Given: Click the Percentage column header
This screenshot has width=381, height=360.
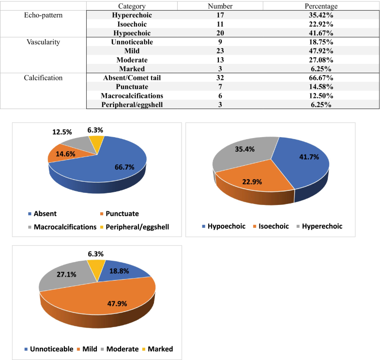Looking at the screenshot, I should (321, 6).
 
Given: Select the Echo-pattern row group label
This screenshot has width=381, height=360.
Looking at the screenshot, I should (43, 15).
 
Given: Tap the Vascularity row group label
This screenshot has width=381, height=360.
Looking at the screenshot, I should (43, 42).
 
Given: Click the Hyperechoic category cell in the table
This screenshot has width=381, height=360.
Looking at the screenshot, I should (132, 15).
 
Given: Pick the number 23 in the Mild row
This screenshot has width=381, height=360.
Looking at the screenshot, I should (220, 50).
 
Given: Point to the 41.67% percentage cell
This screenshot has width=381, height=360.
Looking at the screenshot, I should (321, 32).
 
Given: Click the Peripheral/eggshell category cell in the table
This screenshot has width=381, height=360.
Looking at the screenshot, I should (132, 105).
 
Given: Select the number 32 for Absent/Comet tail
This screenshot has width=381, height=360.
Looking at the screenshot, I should (220, 78).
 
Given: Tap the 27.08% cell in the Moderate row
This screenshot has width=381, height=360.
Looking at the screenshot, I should (321, 60).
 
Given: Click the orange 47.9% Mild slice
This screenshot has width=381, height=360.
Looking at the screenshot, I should (107, 303).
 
